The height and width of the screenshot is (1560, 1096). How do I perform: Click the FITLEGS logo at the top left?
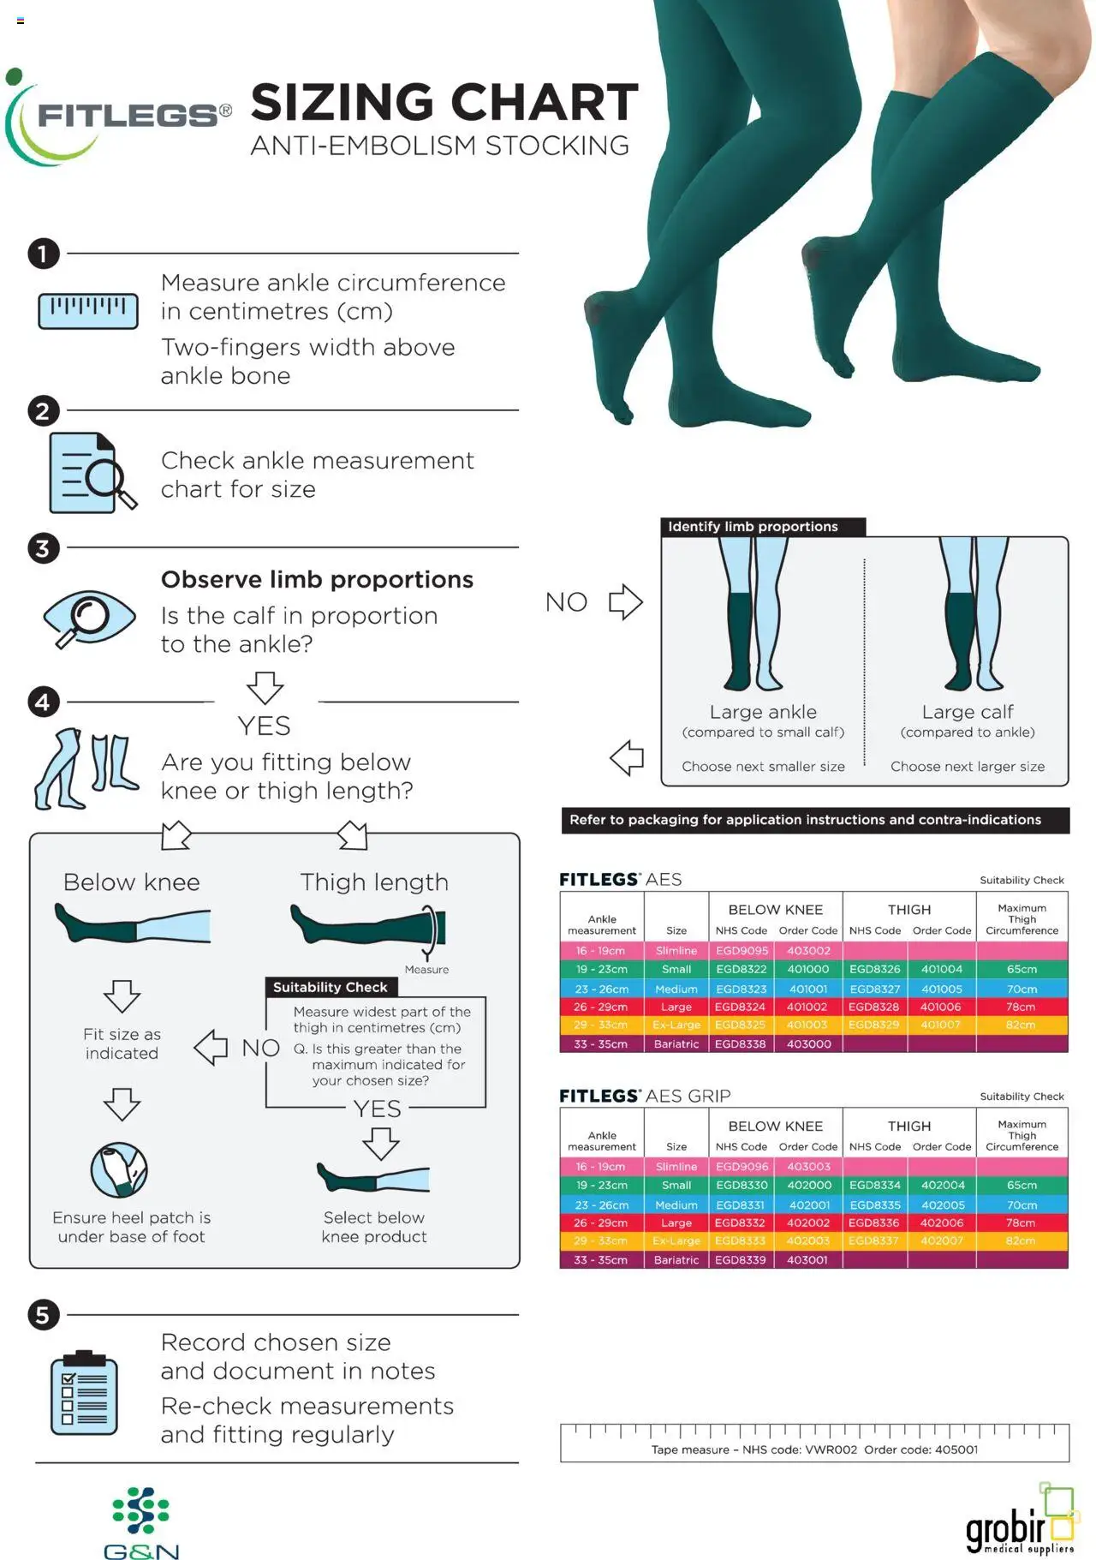click(117, 117)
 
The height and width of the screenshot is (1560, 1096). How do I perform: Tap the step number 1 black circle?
click(43, 254)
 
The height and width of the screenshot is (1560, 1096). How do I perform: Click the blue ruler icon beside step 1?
click(88, 310)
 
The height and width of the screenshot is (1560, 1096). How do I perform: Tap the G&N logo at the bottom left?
click(141, 1523)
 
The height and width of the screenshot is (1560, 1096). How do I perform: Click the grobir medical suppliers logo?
click(1020, 1520)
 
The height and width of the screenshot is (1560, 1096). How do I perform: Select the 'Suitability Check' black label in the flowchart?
click(331, 987)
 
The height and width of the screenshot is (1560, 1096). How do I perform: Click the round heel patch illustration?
click(119, 1169)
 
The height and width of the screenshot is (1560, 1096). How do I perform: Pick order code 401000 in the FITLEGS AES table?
click(808, 969)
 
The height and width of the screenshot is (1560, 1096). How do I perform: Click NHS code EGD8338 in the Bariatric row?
click(741, 1043)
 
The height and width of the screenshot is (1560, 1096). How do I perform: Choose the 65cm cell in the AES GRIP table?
click(1022, 1185)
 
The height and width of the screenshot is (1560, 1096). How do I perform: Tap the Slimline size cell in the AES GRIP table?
click(676, 1166)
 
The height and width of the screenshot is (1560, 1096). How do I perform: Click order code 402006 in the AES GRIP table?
click(942, 1222)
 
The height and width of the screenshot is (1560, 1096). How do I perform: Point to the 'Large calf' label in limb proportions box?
click(968, 711)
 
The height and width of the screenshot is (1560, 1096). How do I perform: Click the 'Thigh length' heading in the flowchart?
click(374, 882)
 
